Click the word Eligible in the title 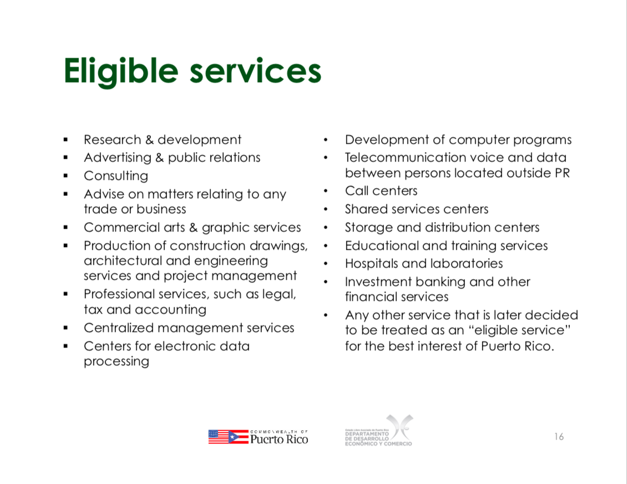point(121,72)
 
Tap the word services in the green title point(256,72)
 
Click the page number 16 point(559,436)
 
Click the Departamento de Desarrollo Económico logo point(378,431)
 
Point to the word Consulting point(116,176)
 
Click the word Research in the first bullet point(113,140)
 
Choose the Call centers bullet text point(381,191)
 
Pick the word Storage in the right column point(368,228)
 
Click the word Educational point(382,245)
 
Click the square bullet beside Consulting point(65,176)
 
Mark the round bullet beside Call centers point(326,191)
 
